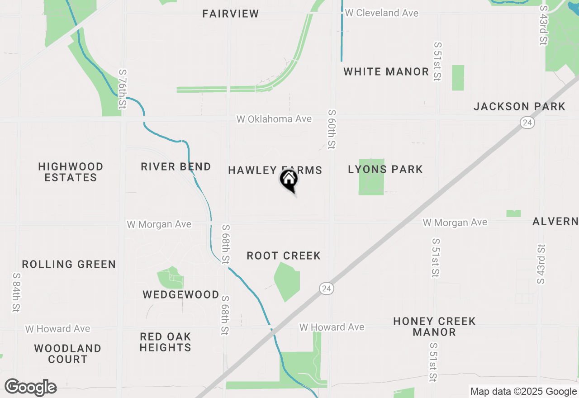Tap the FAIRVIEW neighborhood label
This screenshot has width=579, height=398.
click(x=231, y=14)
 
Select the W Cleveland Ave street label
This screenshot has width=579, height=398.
click(x=382, y=13)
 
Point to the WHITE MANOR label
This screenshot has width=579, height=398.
click(x=386, y=71)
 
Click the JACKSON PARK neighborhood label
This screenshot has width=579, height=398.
click(x=519, y=106)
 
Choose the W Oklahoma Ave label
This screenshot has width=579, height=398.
click(x=274, y=119)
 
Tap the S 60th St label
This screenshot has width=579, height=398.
click(x=332, y=129)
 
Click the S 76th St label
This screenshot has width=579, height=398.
click(x=122, y=89)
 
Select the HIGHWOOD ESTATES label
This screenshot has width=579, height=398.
click(x=71, y=172)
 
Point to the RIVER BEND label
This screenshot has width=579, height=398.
click(x=176, y=166)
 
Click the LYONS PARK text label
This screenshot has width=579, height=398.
click(x=385, y=169)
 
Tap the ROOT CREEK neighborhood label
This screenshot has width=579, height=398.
click(x=284, y=256)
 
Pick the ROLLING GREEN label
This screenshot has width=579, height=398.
click(x=69, y=264)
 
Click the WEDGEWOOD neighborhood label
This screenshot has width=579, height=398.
click(x=181, y=294)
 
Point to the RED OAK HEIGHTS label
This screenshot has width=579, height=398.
click(x=165, y=342)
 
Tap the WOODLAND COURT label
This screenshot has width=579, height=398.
click(x=67, y=354)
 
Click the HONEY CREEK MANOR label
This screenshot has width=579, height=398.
click(x=434, y=327)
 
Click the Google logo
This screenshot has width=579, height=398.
click(x=31, y=387)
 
